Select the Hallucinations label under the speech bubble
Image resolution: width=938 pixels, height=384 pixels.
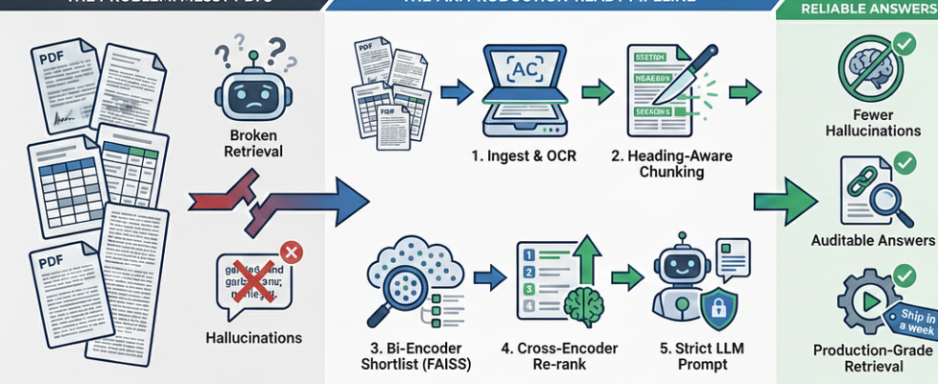(x=253, y=337)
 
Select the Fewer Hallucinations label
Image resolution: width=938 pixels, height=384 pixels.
(x=873, y=123)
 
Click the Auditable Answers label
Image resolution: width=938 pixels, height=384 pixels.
(x=873, y=240)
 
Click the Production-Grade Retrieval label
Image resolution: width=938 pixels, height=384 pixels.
(x=873, y=359)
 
